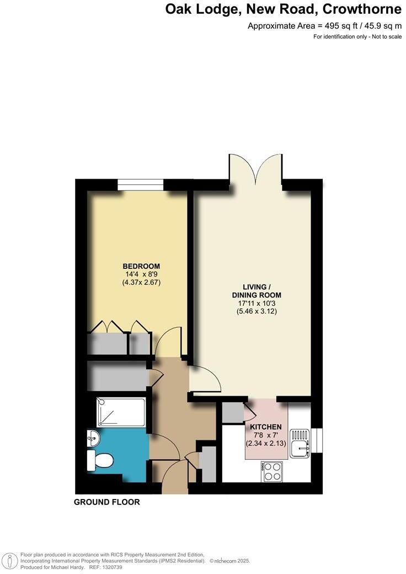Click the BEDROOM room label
click(x=141, y=265)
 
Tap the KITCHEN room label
click(x=266, y=427)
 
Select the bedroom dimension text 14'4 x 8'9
click(x=141, y=273)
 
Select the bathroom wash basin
click(x=93, y=440)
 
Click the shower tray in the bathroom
click(x=121, y=413)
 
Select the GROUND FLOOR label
click(x=107, y=502)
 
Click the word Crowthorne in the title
click(x=361, y=9)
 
